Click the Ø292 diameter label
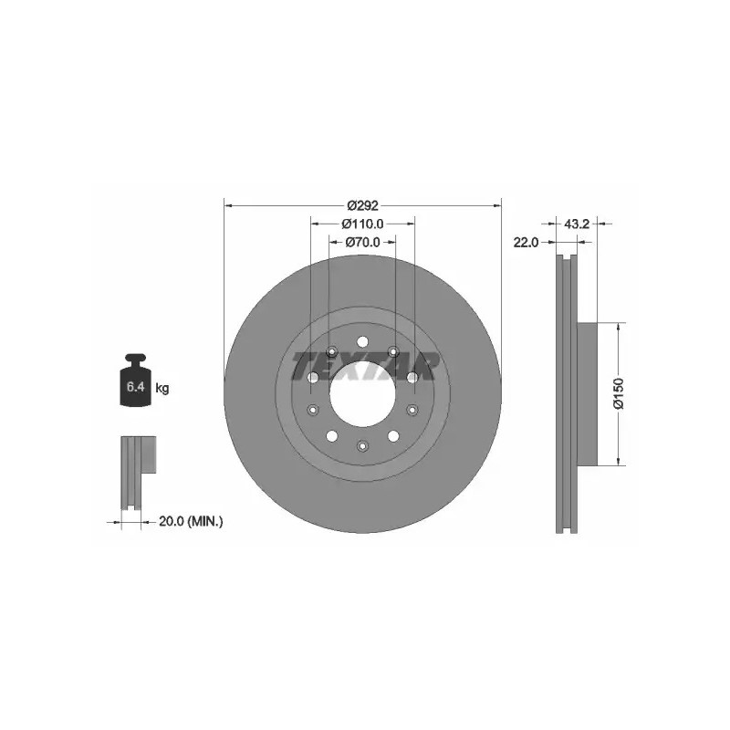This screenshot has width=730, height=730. pyautogui.click(x=362, y=204)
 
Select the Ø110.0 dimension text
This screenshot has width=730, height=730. pyautogui.click(x=362, y=224)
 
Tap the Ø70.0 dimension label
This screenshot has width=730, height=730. pyautogui.click(x=362, y=242)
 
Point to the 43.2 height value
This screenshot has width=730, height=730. pyautogui.click(x=577, y=224)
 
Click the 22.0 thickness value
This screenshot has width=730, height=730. pyautogui.click(x=526, y=242)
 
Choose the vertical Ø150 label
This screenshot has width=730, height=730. pyautogui.click(x=619, y=393)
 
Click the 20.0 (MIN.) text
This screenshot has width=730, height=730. pyautogui.click(x=191, y=522)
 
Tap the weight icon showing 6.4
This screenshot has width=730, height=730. pyautogui.click(x=135, y=380)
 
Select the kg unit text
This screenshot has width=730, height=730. pyautogui.click(x=162, y=387)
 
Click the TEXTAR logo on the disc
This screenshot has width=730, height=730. pyautogui.click(x=364, y=367)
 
